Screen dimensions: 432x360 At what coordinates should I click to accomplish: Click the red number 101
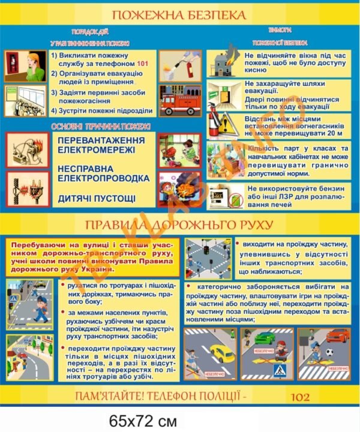[142, 63]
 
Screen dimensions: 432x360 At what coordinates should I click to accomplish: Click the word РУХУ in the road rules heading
[250, 226]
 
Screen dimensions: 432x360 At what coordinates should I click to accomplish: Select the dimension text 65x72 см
[137, 419]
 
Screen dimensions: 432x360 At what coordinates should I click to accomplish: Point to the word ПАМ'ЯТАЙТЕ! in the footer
[107, 396]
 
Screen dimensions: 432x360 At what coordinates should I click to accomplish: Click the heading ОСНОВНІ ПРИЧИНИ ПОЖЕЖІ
[100, 127]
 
